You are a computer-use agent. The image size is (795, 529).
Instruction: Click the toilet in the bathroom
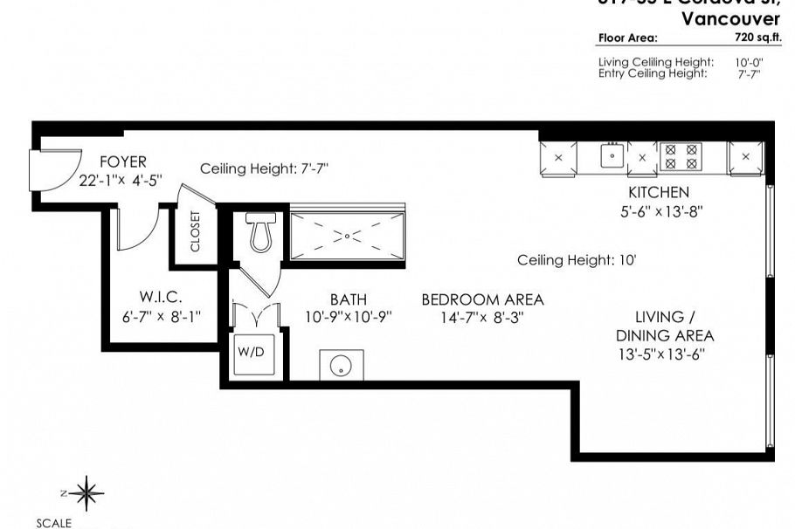pos(259,233)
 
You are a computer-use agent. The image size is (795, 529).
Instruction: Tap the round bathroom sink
pos(341,365)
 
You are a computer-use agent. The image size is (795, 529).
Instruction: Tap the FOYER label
pos(123,162)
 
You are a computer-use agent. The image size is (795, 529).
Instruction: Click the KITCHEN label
pos(659,192)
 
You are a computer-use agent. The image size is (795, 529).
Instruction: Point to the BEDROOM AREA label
pos(482,299)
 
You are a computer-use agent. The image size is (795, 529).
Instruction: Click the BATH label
pos(348,299)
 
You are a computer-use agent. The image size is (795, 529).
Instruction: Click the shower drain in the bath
pos(347,236)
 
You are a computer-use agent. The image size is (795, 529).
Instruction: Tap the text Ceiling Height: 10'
pos(576,259)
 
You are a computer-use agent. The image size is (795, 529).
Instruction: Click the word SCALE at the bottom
pos(53,523)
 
